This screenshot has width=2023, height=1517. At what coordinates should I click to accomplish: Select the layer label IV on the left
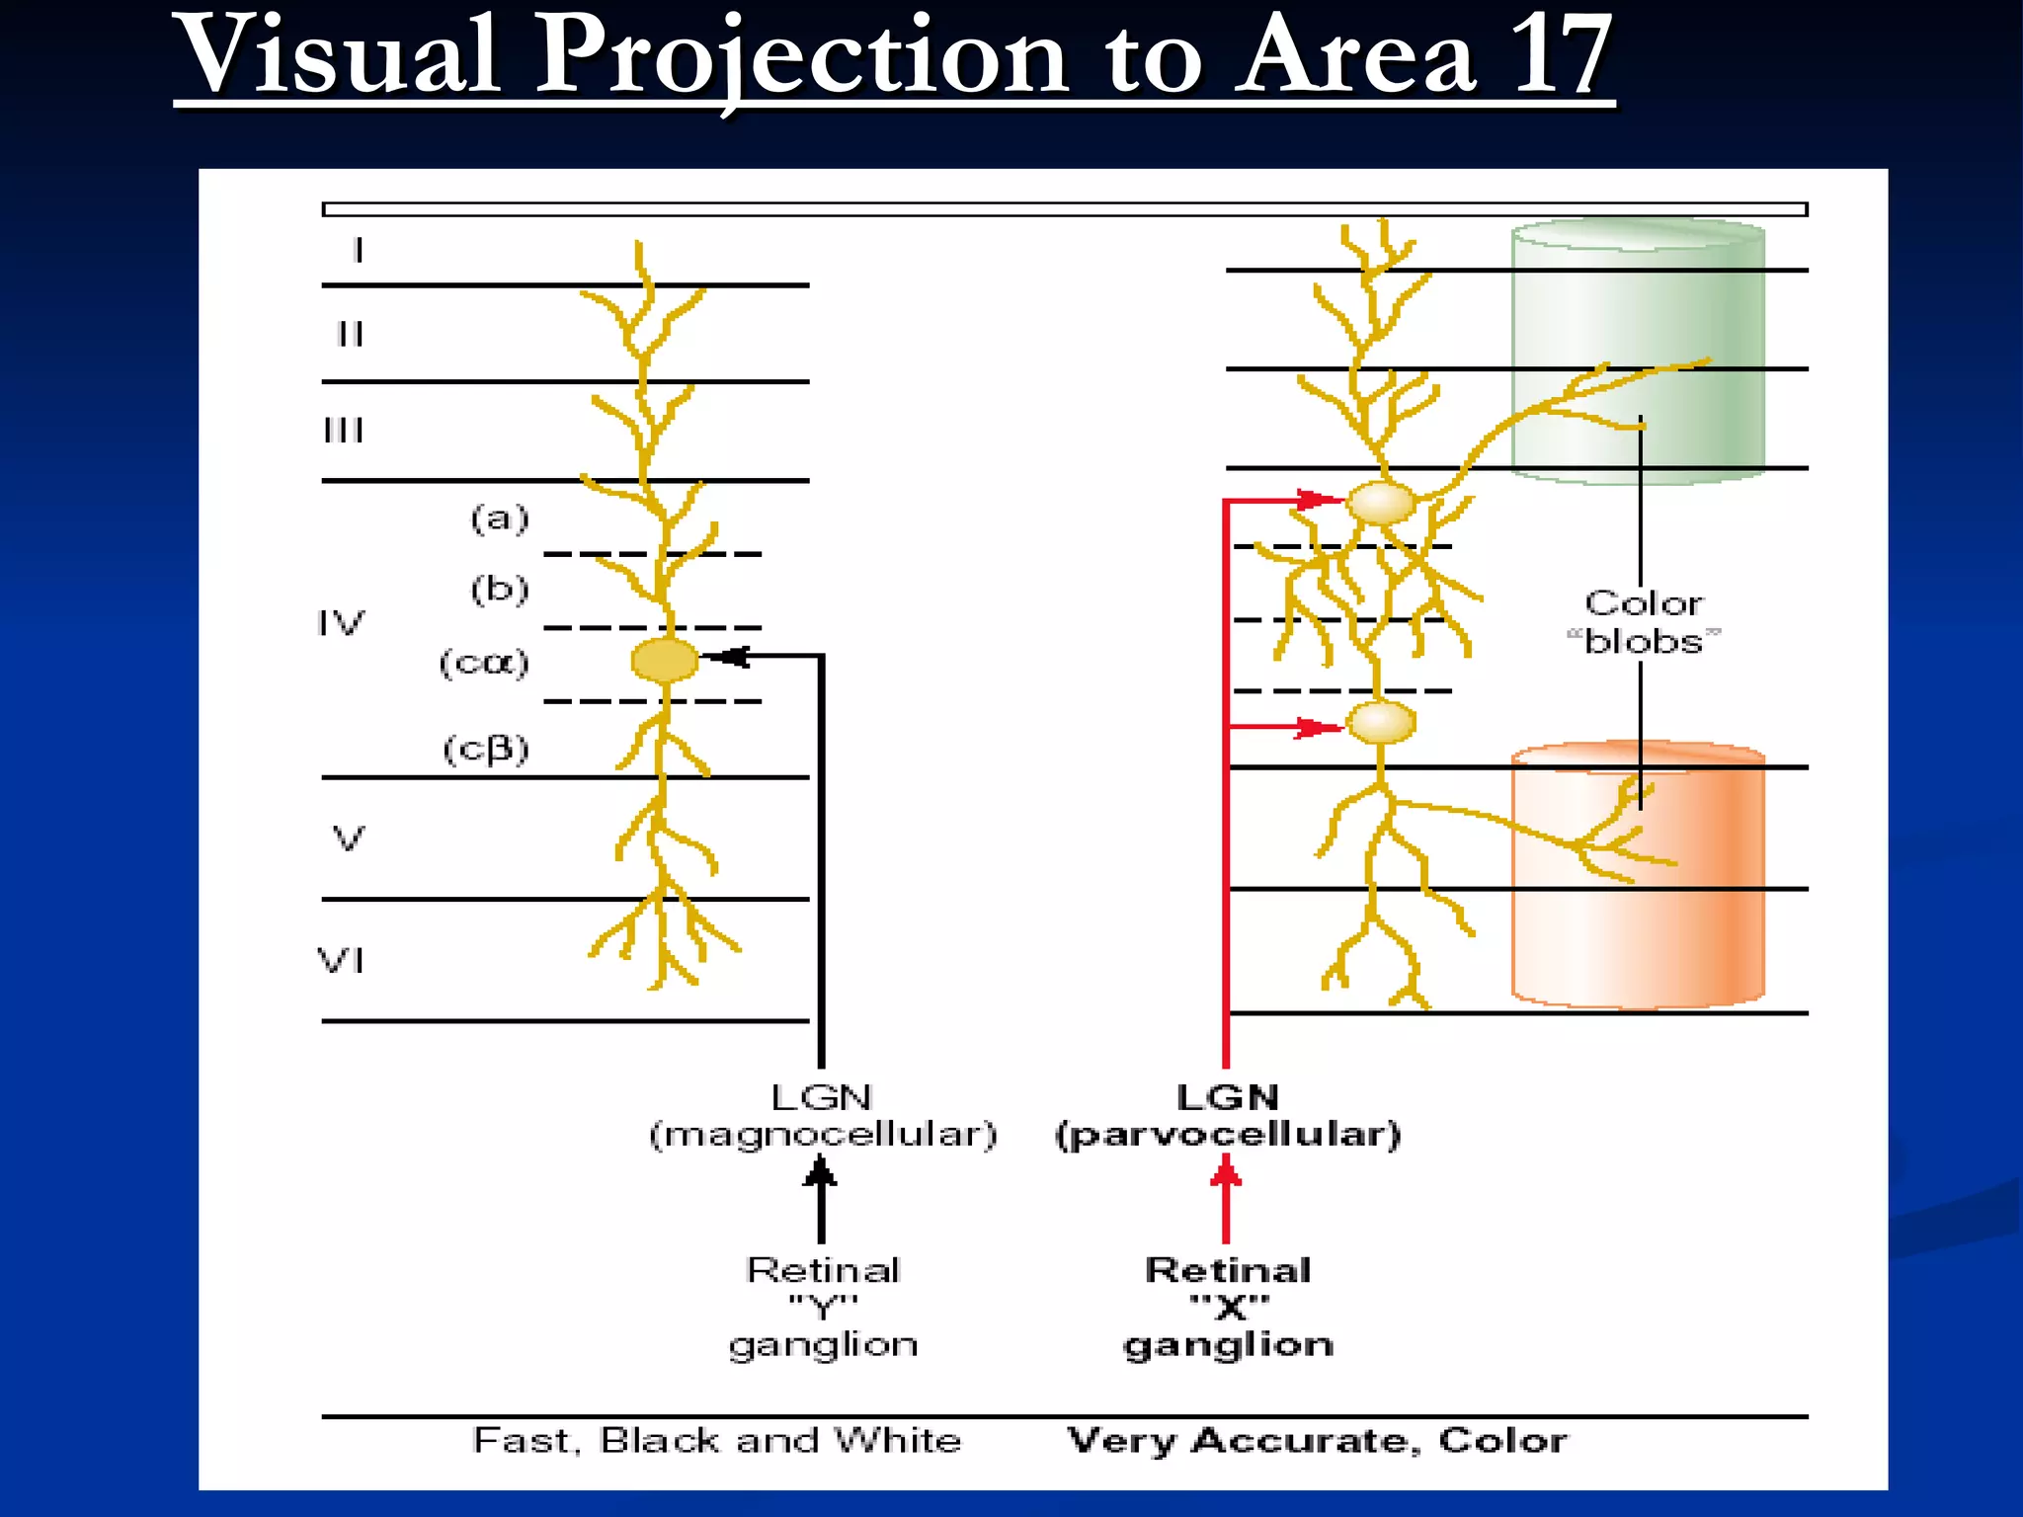(x=341, y=623)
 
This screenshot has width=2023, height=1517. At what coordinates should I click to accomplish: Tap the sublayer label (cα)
(x=484, y=663)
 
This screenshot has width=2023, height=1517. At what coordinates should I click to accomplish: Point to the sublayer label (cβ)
(x=486, y=749)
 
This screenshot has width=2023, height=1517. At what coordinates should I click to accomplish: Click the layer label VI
(x=341, y=960)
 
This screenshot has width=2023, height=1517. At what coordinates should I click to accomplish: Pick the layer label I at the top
(x=359, y=251)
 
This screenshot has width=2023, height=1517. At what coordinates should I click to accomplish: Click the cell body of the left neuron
(x=665, y=660)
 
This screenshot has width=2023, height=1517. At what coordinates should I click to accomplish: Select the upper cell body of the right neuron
(x=1381, y=503)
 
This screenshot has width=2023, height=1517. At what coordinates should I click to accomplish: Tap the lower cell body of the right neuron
(x=1381, y=722)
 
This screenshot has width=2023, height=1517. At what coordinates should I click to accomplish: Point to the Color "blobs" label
(x=1644, y=622)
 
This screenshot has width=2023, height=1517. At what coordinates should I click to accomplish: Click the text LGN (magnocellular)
(x=822, y=1116)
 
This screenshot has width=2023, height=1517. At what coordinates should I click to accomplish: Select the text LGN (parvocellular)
(x=1228, y=1116)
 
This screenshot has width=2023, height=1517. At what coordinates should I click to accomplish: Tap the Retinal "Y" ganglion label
(x=823, y=1307)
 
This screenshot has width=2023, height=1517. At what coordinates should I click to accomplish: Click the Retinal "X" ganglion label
(x=1228, y=1307)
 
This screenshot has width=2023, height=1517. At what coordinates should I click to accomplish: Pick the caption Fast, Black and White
(x=717, y=1440)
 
